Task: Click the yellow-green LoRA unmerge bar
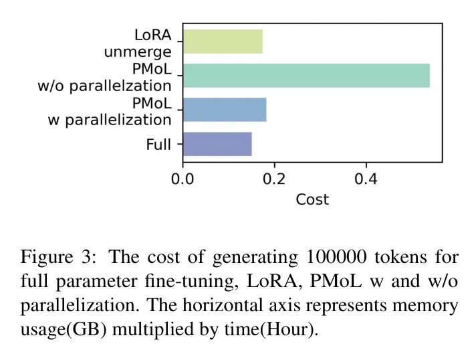pyautogui.click(x=222, y=41)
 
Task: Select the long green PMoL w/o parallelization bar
pyautogui.click(x=306, y=76)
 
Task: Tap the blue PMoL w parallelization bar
pyautogui.click(x=224, y=110)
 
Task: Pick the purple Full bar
pyautogui.click(x=217, y=144)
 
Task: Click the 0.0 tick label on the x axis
pyautogui.click(x=183, y=179)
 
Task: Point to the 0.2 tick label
pyautogui.click(x=274, y=179)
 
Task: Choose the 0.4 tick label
pyautogui.click(x=366, y=179)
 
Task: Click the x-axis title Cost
pyautogui.click(x=312, y=199)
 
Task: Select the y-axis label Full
pyautogui.click(x=158, y=145)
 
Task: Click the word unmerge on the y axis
pyautogui.click(x=137, y=52)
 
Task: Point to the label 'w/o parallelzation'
pyautogui.click(x=104, y=86)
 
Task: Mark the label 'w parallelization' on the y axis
pyautogui.click(x=110, y=120)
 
